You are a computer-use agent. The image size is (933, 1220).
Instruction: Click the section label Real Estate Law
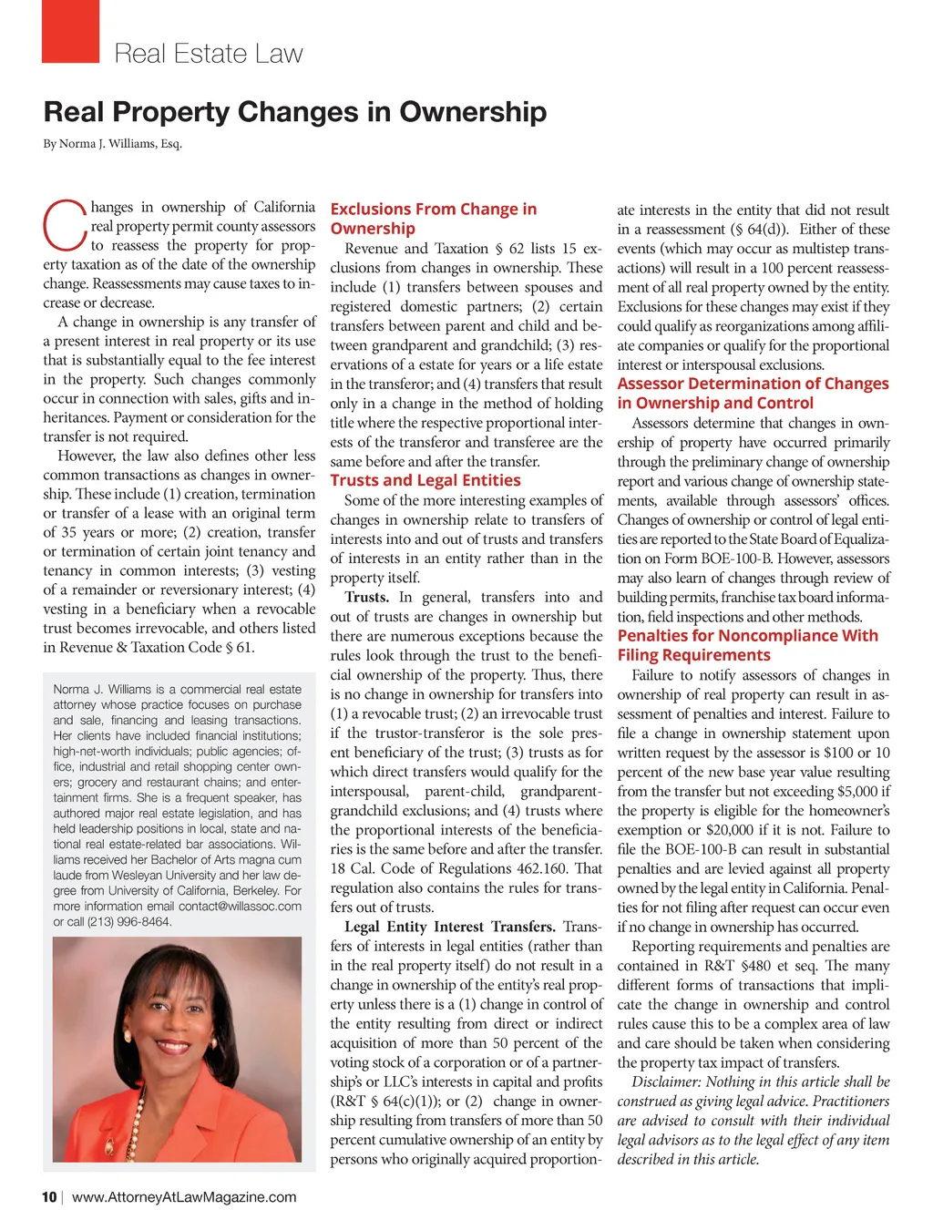pyautogui.click(x=208, y=54)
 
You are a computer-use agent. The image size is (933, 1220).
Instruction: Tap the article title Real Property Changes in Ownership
pyautogui.click(x=295, y=112)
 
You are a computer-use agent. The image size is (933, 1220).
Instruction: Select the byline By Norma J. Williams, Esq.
pyautogui.click(x=113, y=144)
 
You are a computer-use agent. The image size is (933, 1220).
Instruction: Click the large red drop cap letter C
pyautogui.click(x=65, y=225)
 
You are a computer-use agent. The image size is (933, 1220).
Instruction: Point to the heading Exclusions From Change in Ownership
pyautogui.click(x=433, y=219)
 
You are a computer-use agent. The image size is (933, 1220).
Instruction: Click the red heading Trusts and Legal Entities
pyautogui.click(x=425, y=480)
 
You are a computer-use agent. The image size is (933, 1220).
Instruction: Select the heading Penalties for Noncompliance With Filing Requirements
pyautogui.click(x=747, y=645)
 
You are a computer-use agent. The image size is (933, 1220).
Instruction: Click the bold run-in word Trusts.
pyautogui.click(x=366, y=598)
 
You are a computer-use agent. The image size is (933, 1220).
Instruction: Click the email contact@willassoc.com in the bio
pyautogui.click(x=240, y=907)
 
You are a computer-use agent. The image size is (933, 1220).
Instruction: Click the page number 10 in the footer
pyautogui.click(x=49, y=1197)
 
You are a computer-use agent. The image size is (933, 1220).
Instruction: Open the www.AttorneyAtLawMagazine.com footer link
pyautogui.click(x=184, y=1197)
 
